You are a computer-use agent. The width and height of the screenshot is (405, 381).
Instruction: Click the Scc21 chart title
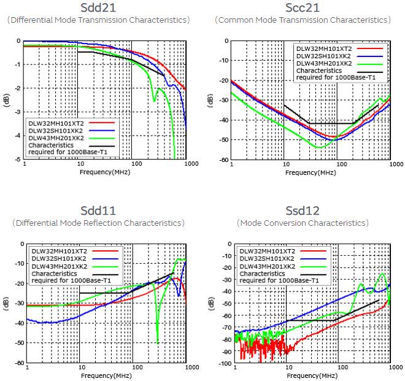[302, 8]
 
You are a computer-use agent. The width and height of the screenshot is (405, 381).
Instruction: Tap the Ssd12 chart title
[303, 210]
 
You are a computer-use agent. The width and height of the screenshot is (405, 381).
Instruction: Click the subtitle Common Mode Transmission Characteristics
[302, 20]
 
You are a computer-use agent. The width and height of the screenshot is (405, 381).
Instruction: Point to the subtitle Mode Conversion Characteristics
[303, 223]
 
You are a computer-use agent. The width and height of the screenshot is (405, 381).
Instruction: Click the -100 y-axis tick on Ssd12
[223, 364]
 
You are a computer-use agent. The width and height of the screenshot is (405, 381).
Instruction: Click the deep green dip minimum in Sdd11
[158, 342]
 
